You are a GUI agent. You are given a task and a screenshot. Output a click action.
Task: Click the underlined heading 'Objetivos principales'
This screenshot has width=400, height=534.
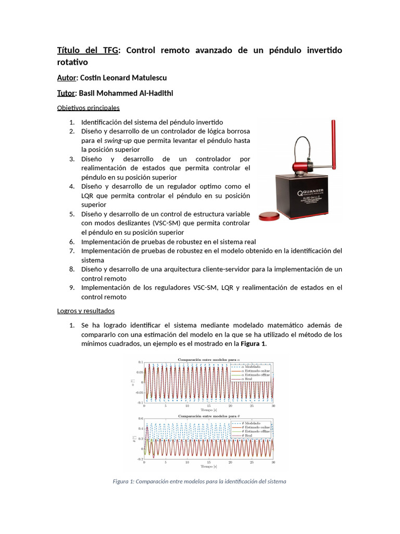coord(88,108)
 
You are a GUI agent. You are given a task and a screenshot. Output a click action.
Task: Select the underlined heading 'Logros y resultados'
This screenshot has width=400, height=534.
coord(85,311)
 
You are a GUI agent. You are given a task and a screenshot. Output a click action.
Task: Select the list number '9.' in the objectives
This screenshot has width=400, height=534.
coord(72,287)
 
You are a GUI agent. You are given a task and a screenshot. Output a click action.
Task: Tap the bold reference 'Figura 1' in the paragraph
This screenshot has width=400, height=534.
coord(252,344)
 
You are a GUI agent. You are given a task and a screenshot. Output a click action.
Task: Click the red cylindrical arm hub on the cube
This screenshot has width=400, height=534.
coord(301,167)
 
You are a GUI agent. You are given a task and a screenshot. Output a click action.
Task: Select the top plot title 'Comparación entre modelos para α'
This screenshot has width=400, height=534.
coord(208,359)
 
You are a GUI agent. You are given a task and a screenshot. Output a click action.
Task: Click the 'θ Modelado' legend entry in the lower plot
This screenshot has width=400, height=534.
coord(249,423)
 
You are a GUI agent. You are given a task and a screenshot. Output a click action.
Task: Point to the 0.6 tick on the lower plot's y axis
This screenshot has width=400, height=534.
coord(140,419)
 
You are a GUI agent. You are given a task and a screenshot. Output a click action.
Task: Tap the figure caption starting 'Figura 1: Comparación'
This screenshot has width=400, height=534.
coord(199,481)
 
